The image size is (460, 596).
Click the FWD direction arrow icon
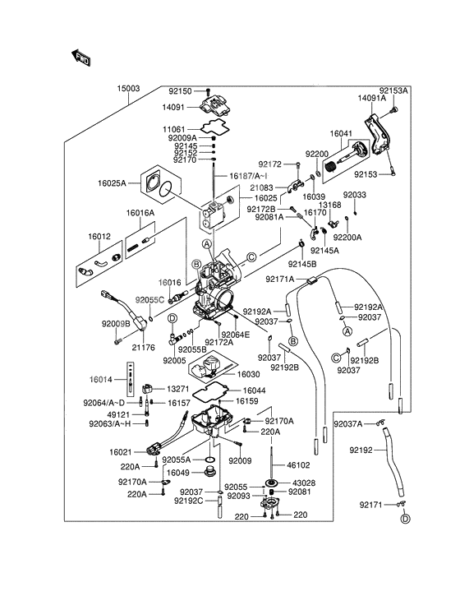pyautogui.click(x=81, y=58)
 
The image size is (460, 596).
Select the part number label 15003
pyautogui.click(x=128, y=87)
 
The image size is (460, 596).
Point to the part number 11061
pyautogui.click(x=174, y=130)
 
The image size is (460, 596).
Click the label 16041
pyautogui.click(x=342, y=132)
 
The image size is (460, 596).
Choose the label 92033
pyautogui.click(x=354, y=195)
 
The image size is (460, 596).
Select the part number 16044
pyautogui.click(x=252, y=390)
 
